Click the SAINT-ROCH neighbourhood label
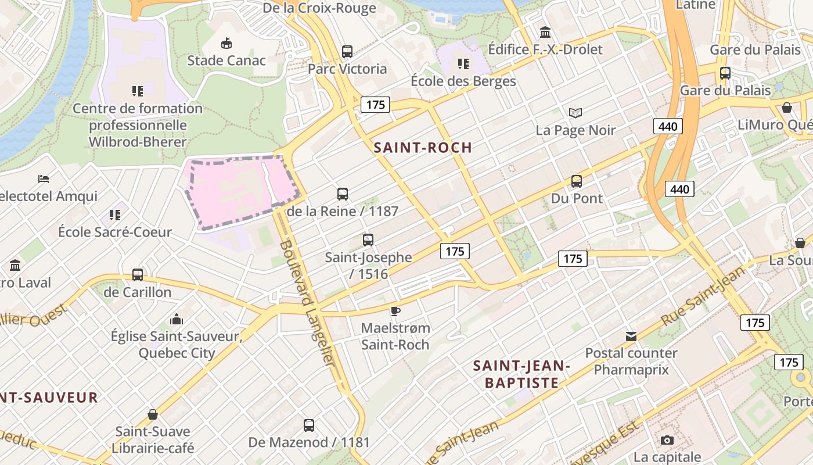pos(423,148)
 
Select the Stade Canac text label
pos(226,60)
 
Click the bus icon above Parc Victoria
pos(347,52)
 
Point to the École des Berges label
pos(463,81)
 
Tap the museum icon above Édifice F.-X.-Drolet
pos(545,32)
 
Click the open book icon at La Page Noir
pos(575,113)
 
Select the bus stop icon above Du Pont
pos(576,181)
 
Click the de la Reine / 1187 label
pos(343,211)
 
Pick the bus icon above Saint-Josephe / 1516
pos(368,240)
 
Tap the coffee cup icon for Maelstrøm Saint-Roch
pos(395,311)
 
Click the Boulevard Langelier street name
pos(307,302)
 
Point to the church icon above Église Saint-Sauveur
pos(177,319)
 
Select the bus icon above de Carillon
pos(138,275)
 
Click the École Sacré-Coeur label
pos(115,232)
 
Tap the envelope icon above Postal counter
pos(631,336)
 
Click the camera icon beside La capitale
pos(667,440)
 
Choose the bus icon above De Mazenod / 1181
pos(309,425)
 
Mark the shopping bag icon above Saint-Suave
pos(152,414)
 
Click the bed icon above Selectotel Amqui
pos(44,178)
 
